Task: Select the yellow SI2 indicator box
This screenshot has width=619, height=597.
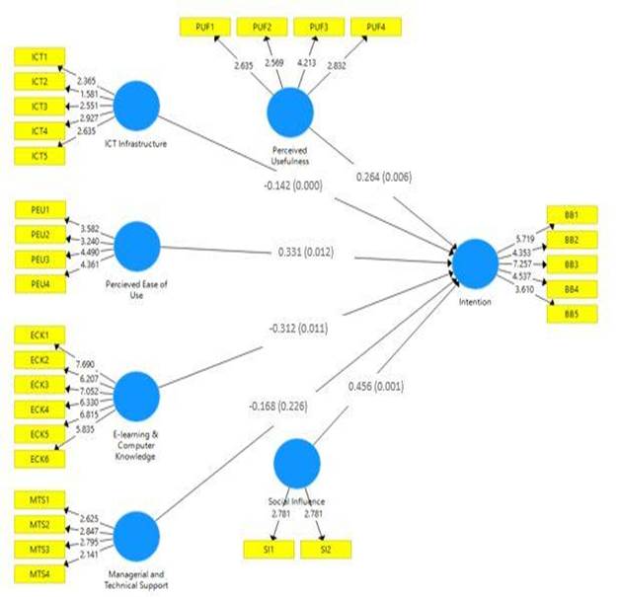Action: pos(325,547)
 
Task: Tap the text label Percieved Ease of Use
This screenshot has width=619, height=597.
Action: pos(137,290)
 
